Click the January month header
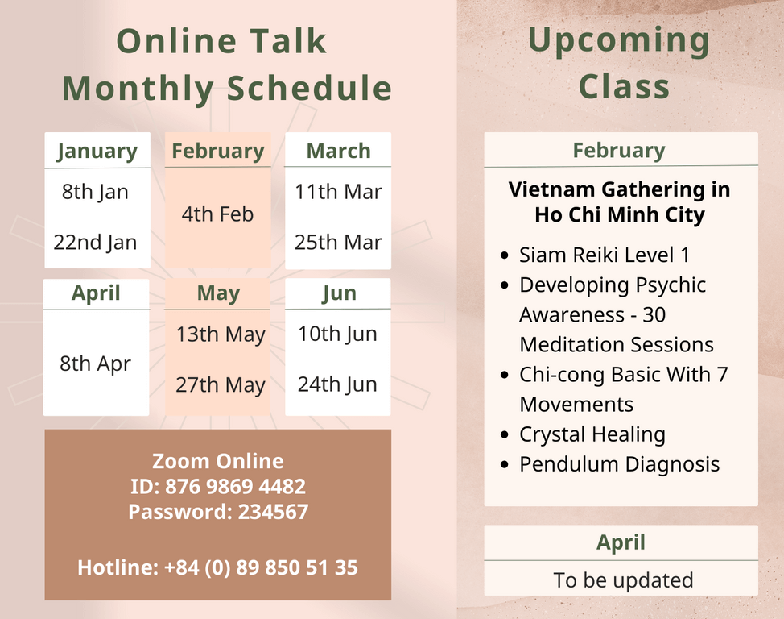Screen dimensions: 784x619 97,152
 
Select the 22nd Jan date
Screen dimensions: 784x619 95,243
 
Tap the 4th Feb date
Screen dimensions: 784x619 217,214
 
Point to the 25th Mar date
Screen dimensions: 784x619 338,243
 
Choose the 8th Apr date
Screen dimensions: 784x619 96,364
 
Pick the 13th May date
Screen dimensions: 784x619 221,334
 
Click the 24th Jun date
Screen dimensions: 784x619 337,384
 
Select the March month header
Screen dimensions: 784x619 339,151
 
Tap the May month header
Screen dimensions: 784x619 218,293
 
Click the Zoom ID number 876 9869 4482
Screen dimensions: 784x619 236,486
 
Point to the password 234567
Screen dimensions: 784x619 274,512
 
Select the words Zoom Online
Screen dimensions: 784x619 218,461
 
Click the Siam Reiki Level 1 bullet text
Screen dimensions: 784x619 605,255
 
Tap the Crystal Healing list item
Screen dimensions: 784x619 592,434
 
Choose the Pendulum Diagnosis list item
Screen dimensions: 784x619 620,464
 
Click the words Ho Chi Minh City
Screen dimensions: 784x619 620,215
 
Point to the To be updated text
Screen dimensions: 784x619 624,580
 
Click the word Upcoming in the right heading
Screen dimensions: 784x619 619,41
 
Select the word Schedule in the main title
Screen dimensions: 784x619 310,88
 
